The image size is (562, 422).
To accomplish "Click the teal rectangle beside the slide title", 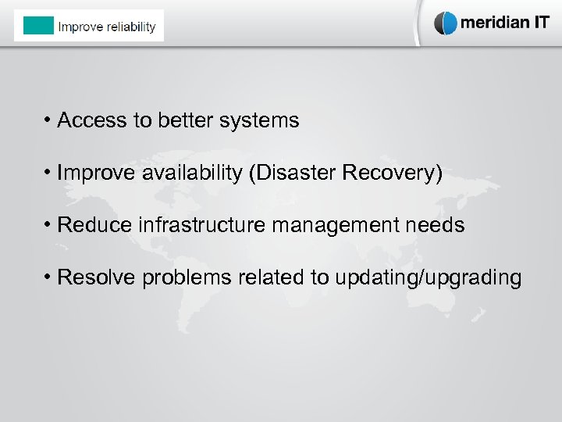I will click(38, 26).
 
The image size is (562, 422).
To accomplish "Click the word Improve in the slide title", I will click(80, 27).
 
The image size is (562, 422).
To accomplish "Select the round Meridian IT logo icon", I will click(446, 23).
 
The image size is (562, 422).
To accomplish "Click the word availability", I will click(192, 173).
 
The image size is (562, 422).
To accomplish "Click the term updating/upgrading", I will click(427, 278).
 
